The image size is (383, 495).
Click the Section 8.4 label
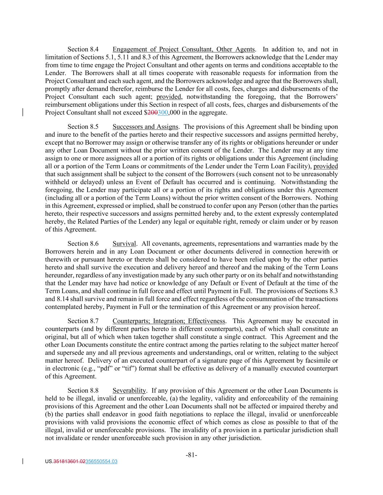83,49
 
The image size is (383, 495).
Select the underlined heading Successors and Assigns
145,127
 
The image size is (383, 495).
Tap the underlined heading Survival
124,244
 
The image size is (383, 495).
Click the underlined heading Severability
129,391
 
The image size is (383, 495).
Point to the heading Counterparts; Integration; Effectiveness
169,321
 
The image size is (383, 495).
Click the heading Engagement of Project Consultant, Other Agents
184,49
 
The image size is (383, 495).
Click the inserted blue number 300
163,113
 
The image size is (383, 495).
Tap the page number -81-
191,455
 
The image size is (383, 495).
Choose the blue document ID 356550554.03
101,462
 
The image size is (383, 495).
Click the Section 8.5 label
83,127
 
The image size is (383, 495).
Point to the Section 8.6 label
83,244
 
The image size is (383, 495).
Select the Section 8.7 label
83,321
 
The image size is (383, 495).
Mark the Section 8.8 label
83,391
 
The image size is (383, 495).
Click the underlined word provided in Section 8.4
169,97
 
